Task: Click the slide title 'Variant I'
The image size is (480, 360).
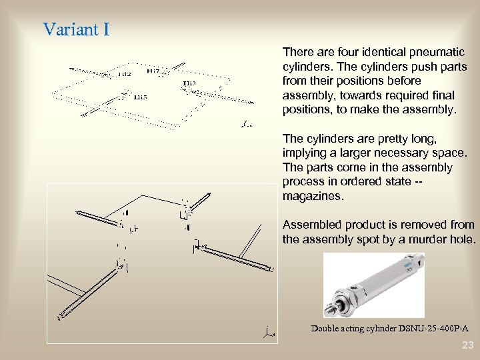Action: tap(76, 30)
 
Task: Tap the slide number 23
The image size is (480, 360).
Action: tap(467, 345)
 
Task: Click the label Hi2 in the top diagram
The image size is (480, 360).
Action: tap(124, 74)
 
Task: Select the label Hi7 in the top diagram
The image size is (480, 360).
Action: tap(153, 71)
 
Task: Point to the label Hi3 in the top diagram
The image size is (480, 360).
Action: tap(189, 83)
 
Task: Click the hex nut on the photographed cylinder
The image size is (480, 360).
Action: tap(343, 303)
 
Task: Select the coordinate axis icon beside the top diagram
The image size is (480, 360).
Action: tap(246, 123)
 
